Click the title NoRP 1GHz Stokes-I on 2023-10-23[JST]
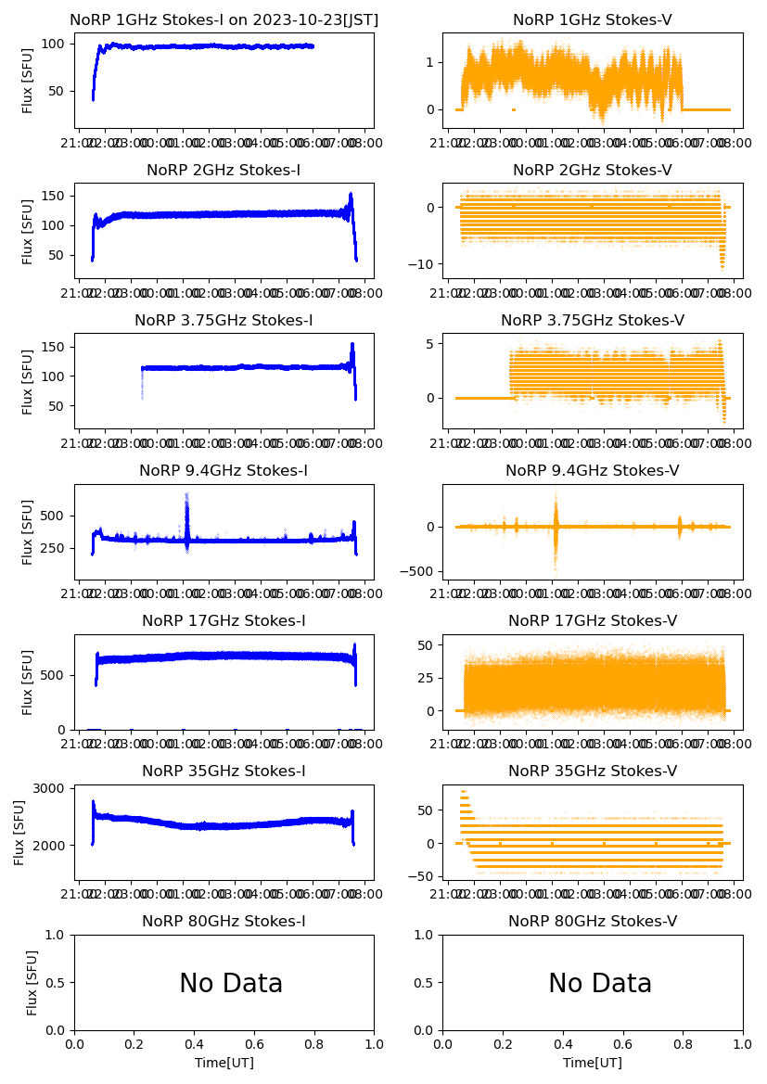click(224, 19)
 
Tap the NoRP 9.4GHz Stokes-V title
click(593, 470)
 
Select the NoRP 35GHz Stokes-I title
click(224, 771)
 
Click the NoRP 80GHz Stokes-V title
click(593, 921)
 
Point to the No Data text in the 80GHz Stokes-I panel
click(231, 984)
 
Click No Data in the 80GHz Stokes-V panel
click(600, 984)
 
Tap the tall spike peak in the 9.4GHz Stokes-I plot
click(186, 495)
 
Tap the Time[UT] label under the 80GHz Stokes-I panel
click(224, 1063)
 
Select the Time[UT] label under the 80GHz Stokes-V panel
click(593, 1063)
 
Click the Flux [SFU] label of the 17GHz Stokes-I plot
click(28, 682)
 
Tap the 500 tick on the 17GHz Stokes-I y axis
click(56, 674)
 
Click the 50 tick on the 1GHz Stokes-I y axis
click(59, 91)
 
